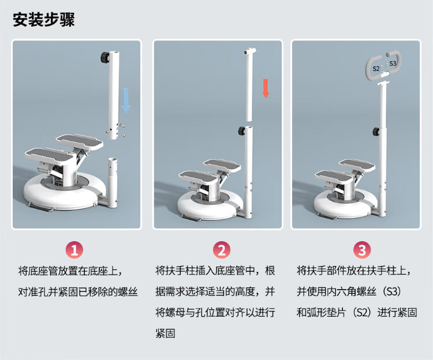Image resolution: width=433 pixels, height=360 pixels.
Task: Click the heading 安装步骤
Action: pos(44,19)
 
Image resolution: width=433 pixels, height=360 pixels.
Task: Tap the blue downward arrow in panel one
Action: pos(126,100)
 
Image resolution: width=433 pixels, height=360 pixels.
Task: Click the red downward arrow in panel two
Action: pos(266,88)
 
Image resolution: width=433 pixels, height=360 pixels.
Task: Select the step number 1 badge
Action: pos(74,250)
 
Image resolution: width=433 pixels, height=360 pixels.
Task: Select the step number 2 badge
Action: pos(222,250)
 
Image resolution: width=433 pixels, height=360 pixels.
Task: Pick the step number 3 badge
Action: pos(362,250)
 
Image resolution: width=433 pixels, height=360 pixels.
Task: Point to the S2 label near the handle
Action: pos(376,69)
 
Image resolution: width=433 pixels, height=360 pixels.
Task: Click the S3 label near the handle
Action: pos(393,63)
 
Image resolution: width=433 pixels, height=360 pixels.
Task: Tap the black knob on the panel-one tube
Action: pos(105,58)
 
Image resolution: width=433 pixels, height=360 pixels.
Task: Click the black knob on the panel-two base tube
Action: pos(242,131)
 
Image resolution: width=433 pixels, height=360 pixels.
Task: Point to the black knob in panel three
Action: pos(376,132)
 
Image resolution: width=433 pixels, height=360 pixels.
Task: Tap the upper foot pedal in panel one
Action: pos(79,141)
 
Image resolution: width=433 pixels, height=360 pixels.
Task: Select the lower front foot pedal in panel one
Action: pos(49,156)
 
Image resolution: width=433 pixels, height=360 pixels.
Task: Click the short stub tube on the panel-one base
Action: pos(113,182)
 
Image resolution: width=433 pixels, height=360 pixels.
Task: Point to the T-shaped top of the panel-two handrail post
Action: pos(249,51)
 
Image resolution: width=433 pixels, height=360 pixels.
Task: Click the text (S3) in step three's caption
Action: pos(392,291)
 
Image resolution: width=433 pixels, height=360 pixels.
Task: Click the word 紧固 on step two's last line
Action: pos(165,333)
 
